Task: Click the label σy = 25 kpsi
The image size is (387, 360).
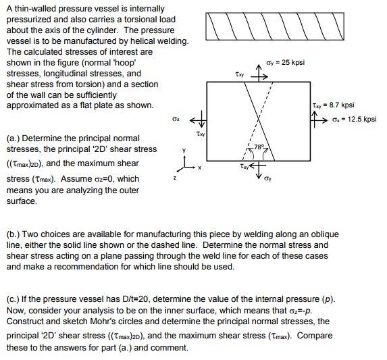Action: coord(286,63)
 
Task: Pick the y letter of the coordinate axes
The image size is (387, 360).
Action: coord(180,150)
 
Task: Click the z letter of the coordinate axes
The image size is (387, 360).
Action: coord(174,176)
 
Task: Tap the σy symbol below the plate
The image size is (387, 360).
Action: coord(269,180)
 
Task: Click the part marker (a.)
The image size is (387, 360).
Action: coord(14,138)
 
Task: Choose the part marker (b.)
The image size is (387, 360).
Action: coord(14,234)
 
